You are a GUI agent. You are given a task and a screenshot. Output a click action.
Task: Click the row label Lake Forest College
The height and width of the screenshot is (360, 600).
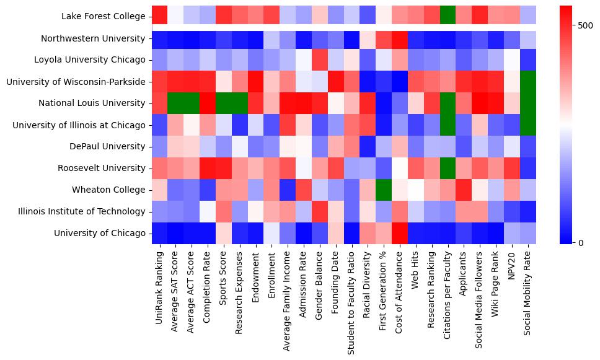pos(104,17)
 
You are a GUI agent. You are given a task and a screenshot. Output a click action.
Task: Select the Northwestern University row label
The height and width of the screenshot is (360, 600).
pos(93,38)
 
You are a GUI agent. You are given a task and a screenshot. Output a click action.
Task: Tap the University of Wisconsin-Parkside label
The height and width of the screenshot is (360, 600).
pos(76,82)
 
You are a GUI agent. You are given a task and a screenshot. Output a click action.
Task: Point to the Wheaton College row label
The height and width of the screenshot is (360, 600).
pos(108,190)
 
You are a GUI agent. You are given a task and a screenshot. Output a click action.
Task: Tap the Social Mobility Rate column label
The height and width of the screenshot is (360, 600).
pos(529,290)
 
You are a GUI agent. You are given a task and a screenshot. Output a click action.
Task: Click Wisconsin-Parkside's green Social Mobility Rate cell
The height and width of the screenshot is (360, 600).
pos(529,82)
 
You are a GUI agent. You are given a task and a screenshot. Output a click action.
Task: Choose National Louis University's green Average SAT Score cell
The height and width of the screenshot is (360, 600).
pos(176,103)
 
